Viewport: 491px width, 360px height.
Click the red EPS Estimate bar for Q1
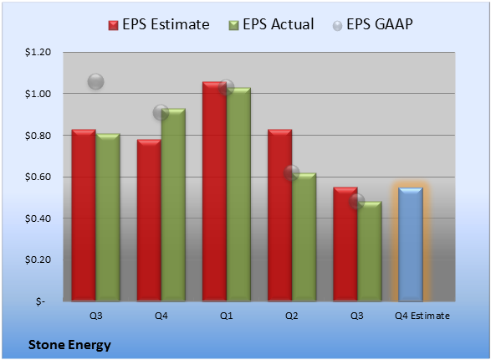[214, 192]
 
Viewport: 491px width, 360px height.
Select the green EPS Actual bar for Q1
[238, 194]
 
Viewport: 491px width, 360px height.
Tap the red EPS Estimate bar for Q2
[279, 215]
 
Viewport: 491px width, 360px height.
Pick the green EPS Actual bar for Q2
[304, 237]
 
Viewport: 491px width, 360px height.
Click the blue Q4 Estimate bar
[411, 244]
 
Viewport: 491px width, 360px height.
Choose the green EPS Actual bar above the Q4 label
[173, 205]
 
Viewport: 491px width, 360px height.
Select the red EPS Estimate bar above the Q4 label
[149, 220]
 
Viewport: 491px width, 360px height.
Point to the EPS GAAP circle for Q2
[292, 172]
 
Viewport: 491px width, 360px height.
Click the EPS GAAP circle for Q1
[226, 87]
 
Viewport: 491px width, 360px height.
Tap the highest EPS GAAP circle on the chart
[95, 82]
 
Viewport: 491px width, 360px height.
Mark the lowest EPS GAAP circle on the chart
[356, 201]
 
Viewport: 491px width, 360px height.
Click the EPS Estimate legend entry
[159, 24]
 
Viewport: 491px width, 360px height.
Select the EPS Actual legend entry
[271, 24]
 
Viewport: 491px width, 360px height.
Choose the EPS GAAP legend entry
[372, 24]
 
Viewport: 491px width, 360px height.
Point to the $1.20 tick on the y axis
[38, 52]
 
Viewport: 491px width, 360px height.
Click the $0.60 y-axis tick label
[38, 177]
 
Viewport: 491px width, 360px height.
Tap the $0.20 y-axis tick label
[38, 260]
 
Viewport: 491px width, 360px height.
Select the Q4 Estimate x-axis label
[422, 316]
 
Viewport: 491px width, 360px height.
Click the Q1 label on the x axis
[226, 316]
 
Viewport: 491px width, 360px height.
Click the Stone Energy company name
[69, 345]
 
